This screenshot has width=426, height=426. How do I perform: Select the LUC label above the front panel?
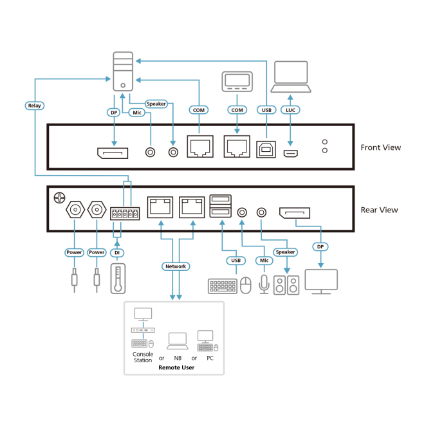point(290,110)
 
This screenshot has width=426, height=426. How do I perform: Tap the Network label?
point(175,266)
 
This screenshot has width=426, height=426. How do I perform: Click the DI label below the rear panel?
point(116,252)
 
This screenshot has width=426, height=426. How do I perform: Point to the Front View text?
point(380,147)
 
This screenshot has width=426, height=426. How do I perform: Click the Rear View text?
point(379,210)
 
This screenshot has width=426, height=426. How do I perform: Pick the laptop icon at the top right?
point(291,78)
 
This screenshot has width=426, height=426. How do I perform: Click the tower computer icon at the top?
point(123,71)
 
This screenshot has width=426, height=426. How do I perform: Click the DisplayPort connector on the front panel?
point(114,153)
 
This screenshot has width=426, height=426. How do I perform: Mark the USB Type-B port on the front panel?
point(264,149)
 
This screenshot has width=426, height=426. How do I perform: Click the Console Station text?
point(143,357)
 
